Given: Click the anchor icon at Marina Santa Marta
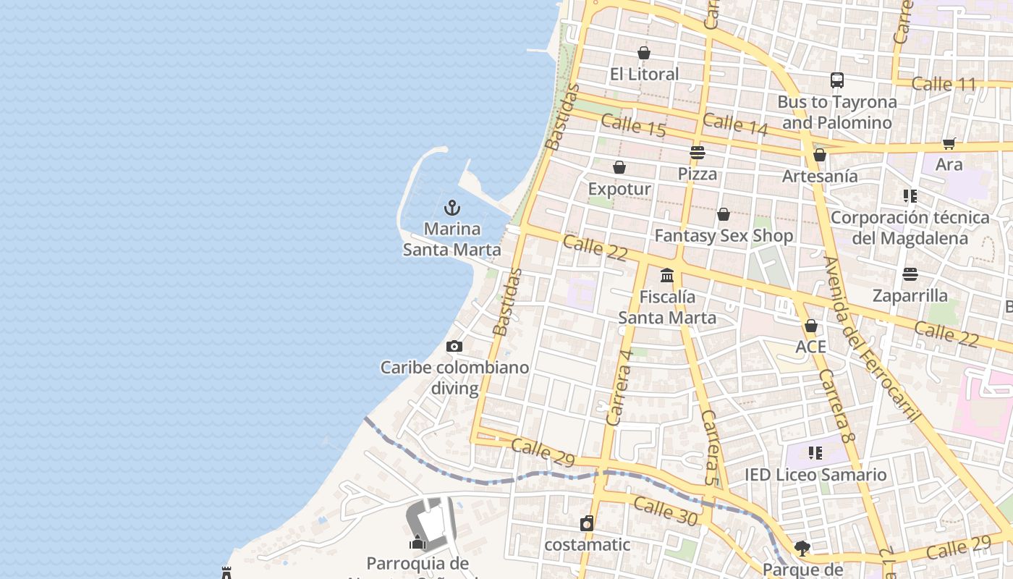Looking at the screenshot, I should [452, 208].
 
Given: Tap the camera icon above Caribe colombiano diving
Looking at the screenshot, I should [454, 347].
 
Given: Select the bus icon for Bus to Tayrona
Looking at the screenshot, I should [837, 80].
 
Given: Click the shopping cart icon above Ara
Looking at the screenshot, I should [949, 143].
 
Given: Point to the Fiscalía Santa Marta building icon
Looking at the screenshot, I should [667, 276].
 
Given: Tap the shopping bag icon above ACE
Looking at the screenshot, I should [811, 326].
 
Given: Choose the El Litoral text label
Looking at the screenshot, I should [644, 74].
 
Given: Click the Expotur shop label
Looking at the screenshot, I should [619, 189].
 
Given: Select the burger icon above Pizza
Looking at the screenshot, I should [698, 153].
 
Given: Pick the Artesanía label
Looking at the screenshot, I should [820, 176].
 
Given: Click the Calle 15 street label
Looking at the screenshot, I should [633, 125].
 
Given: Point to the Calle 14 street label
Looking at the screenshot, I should [735, 124].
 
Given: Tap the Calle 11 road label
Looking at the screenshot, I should [944, 84].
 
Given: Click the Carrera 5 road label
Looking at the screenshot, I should [711, 447].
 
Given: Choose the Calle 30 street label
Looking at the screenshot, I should [666, 511].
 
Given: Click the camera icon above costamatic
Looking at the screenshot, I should [587, 523].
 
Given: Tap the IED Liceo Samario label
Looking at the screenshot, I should [815, 475].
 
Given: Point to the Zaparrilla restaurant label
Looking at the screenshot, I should [910, 295].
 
